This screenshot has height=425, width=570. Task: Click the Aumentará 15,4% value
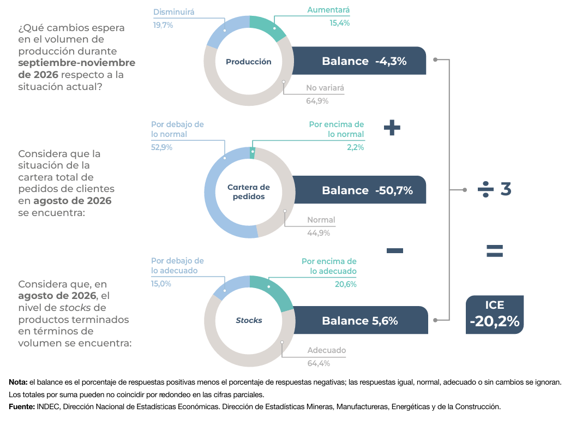[x=339, y=23]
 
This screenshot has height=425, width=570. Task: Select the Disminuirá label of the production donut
[x=174, y=12]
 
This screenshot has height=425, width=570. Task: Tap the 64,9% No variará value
[x=317, y=101]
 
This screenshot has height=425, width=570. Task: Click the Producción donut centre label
[x=249, y=62]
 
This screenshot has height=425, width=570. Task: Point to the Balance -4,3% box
[x=359, y=61]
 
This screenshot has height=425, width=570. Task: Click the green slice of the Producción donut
[x=268, y=28]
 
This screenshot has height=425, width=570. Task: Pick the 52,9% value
[x=162, y=147]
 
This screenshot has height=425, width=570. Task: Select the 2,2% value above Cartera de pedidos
[x=355, y=147]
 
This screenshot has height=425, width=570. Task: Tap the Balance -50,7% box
[x=359, y=190]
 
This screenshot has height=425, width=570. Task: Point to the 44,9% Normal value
[x=319, y=233]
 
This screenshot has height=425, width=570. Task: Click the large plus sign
[x=392, y=128]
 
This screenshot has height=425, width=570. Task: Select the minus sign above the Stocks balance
[x=395, y=250]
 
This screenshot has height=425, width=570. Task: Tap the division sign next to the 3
[x=485, y=189]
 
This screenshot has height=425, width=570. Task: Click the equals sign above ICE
[x=495, y=251]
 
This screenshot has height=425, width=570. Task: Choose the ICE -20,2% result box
[x=495, y=315]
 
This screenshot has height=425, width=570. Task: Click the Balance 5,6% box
[x=361, y=320]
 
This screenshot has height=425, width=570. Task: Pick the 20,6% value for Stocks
[x=346, y=284]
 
